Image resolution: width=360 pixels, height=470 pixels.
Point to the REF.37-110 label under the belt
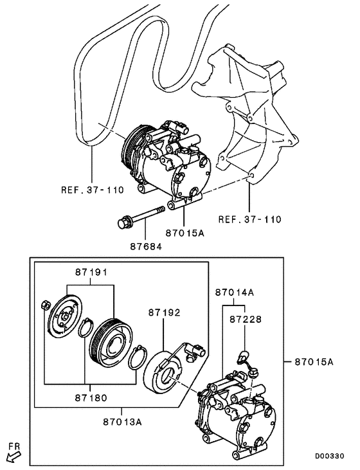[x=91, y=190]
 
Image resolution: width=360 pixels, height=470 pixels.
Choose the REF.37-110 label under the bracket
[x=249, y=219]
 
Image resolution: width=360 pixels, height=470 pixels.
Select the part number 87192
[x=165, y=312]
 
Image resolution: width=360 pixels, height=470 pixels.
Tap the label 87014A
[x=235, y=292]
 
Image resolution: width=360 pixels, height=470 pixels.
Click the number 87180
[x=85, y=399]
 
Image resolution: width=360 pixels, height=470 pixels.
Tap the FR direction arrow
[x=13, y=456]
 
